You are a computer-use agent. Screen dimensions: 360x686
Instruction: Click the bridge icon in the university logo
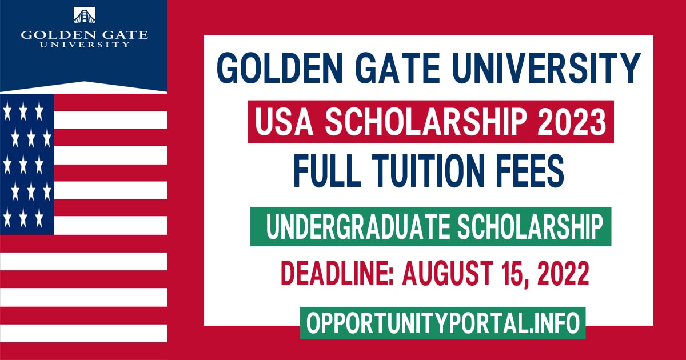click(85, 15)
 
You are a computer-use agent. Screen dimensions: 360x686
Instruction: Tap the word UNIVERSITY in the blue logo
click(85, 44)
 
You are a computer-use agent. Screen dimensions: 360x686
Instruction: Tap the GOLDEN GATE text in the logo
click(85, 34)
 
